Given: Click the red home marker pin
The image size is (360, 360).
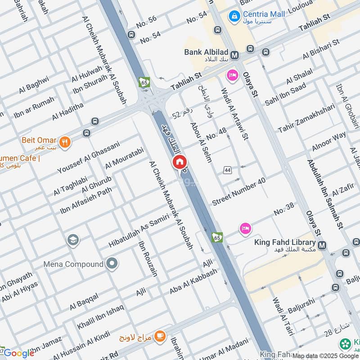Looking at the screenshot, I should click(x=179, y=162).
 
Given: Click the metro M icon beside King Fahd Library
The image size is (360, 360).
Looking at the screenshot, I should click(x=322, y=245).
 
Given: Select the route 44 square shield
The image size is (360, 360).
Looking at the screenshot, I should click(x=228, y=170).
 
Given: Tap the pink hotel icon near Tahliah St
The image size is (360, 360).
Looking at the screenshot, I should click(x=232, y=75).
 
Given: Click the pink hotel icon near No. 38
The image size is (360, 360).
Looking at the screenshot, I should click(x=245, y=229).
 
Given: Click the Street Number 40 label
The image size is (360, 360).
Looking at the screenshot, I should click(x=238, y=191).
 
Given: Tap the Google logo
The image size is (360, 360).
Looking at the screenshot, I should click(x=19, y=353).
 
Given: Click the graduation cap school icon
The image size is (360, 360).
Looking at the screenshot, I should click(x=73, y=240).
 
